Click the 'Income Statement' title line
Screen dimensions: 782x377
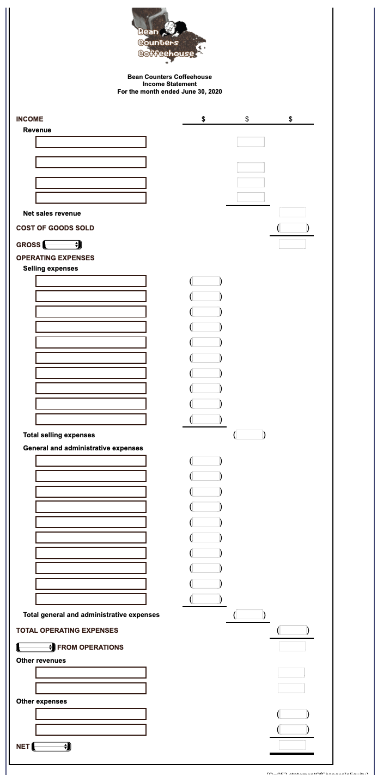point(169,84)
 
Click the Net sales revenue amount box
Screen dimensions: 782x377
point(293,212)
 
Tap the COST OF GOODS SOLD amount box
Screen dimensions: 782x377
point(293,228)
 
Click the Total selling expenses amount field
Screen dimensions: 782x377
point(249,435)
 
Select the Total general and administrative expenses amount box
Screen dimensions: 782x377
point(249,615)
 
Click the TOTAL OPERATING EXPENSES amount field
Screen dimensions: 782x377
point(293,630)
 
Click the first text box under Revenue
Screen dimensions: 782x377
point(91,142)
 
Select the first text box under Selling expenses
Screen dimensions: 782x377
point(91,281)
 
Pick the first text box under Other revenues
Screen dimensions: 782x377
point(91,673)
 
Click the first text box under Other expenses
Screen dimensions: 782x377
point(91,714)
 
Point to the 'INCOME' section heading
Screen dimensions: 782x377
point(30,119)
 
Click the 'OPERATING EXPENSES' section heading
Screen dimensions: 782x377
point(55,258)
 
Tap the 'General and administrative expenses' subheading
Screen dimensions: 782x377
point(83,448)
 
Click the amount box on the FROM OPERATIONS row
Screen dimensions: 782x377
point(293,646)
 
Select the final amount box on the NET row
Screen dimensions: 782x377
point(293,744)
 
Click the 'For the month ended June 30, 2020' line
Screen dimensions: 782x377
point(169,91)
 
